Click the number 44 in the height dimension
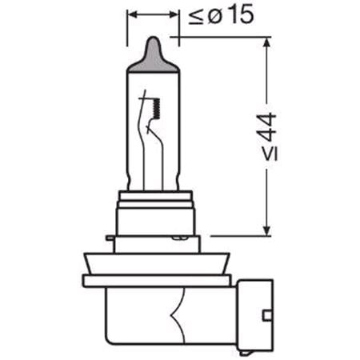pos(268,127)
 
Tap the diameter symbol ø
pos(214,17)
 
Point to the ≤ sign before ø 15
pos(196,18)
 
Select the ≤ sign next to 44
pos(270,154)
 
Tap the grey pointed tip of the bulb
pos(153,55)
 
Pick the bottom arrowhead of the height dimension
pos(266,230)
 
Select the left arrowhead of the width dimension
pos(132,14)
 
